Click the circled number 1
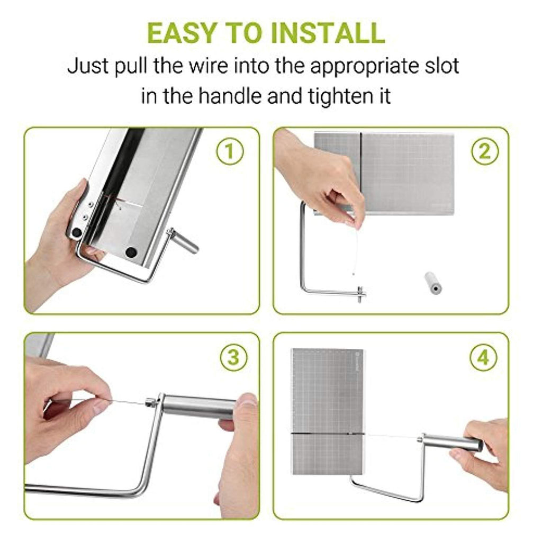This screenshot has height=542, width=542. coord(230,152)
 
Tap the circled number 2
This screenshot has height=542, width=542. coord(485,151)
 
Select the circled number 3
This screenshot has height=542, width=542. coord(233,357)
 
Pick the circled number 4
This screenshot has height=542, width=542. coord(483,357)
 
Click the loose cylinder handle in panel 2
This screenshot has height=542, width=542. coord(433,283)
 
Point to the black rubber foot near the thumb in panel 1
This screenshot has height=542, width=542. coord(76,232)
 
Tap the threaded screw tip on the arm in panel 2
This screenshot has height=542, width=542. coord(360,294)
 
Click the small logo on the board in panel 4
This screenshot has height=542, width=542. coord(356,362)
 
